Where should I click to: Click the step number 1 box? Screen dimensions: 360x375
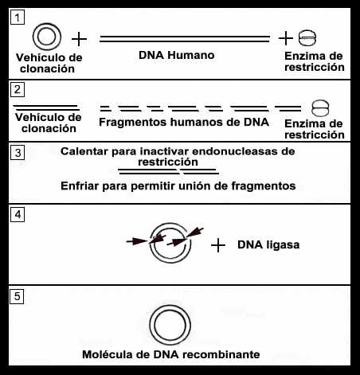tap(18, 18)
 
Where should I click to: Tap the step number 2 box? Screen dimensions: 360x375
tap(18, 90)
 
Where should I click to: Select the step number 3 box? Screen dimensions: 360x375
tap(18, 153)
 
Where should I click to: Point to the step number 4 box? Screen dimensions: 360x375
tap(18, 215)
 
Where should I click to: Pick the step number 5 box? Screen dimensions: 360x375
tap(17, 296)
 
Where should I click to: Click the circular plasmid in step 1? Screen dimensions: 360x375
tap(47, 24)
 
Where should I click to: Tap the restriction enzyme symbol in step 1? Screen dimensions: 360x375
tap(307, 38)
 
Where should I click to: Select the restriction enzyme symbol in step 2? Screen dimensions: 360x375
tap(320, 108)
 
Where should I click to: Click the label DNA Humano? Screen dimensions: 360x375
tap(177, 55)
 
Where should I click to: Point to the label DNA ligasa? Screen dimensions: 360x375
tap(268, 244)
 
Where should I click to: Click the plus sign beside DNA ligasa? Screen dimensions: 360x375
tap(218, 245)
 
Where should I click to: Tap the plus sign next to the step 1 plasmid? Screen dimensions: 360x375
tap(79, 39)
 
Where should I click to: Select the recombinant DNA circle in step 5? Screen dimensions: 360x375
tap(170, 306)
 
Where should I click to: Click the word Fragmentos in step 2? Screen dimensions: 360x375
tap(133, 123)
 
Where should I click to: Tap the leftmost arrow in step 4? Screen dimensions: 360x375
tap(137, 241)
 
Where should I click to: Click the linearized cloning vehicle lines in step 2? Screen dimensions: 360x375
tap(47, 107)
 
